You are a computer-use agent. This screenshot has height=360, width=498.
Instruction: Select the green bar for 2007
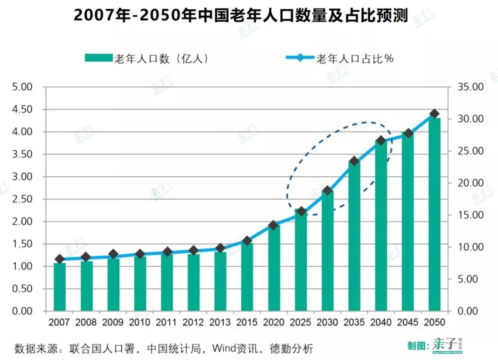59,287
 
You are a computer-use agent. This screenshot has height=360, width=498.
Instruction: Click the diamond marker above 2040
381,140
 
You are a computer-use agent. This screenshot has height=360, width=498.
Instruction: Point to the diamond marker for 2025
301,211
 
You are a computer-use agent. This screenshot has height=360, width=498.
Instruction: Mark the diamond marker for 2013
220,248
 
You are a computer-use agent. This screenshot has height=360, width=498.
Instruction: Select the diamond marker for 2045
408,133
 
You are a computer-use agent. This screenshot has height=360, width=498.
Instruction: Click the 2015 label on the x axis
247,322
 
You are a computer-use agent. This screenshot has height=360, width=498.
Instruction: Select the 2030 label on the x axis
327,322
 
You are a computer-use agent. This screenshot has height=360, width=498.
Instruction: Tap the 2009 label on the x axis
113,322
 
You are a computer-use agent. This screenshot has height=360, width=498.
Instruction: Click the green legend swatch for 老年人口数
98,58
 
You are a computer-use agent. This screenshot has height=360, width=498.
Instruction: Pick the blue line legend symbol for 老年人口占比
300,58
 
